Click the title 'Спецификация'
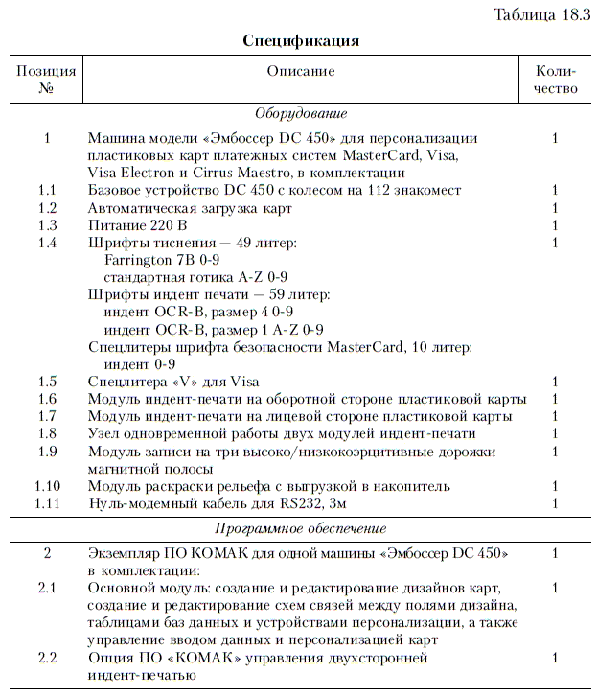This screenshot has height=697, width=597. coord(301,41)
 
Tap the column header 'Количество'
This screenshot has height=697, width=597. coord(557,80)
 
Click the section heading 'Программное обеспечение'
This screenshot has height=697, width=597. coord(301,528)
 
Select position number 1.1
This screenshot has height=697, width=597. coord(47,190)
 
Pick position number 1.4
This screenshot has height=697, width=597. coord(47,243)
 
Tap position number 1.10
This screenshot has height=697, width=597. coord(47,486)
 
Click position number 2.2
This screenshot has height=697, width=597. coord(47,659)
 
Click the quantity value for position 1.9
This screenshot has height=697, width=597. coord(555,451)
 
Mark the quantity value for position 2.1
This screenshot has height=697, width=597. coord(555,587)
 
